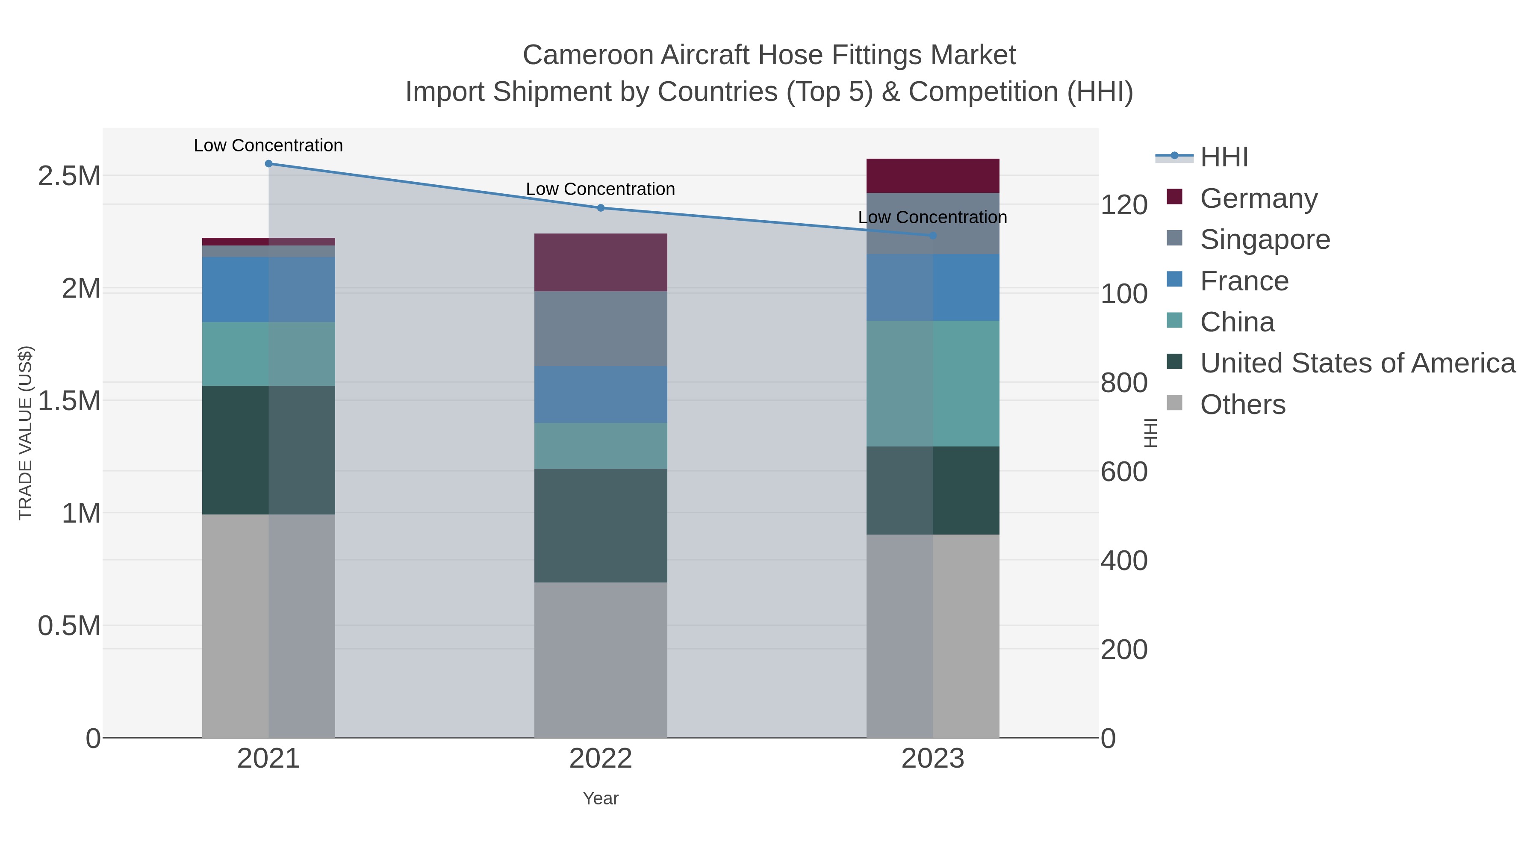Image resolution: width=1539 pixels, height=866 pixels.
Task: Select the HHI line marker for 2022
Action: (x=601, y=208)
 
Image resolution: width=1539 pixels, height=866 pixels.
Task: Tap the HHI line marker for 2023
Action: (x=933, y=236)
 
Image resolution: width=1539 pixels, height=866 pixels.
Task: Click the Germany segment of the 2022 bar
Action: (x=601, y=263)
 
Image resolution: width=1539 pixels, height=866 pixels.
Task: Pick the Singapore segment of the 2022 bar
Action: (x=601, y=329)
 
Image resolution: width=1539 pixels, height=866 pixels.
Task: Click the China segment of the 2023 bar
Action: (x=933, y=383)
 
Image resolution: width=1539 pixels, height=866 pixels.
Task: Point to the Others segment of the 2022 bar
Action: (x=601, y=660)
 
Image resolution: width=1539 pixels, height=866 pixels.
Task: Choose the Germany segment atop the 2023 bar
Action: (x=933, y=176)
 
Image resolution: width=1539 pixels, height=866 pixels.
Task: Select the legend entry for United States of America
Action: (x=1357, y=364)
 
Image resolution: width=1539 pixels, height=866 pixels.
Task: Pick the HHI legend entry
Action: (x=1224, y=157)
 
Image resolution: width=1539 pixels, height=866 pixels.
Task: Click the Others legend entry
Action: (x=1242, y=405)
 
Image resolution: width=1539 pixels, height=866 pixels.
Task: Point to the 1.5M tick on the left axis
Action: (x=69, y=400)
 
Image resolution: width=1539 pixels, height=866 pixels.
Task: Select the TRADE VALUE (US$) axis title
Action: (x=25, y=433)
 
